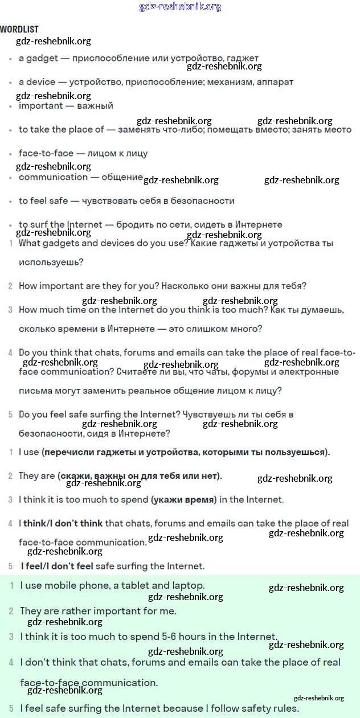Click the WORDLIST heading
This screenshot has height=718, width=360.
[x=19, y=29]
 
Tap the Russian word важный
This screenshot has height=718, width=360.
[x=95, y=106]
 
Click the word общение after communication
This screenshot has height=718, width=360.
[x=122, y=177]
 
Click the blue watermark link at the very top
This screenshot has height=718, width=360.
[x=180, y=7]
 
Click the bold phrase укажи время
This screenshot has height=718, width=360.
[x=184, y=500]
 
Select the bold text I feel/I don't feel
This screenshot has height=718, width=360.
[x=57, y=567]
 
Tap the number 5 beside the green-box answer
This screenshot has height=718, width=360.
[x=11, y=709]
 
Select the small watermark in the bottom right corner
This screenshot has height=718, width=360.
[x=319, y=698]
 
